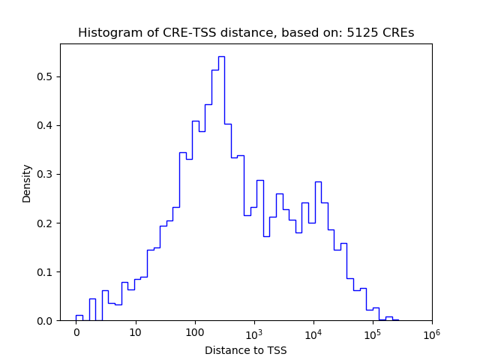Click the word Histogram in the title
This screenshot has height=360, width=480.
pos(106,33)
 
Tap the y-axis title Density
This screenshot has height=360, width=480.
pos(27,182)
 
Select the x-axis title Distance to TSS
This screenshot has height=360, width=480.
pos(246,350)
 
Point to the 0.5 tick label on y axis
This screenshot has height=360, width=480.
pos(46,76)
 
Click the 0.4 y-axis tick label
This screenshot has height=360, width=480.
pos(46,125)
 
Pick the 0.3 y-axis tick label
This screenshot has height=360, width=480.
pos(46,174)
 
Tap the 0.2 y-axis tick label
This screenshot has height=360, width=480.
pos(46,223)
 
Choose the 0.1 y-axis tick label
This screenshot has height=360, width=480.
pos(46,271)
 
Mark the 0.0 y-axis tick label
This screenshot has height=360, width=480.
pos(46,320)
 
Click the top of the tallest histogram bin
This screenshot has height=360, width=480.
pos(221,56)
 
